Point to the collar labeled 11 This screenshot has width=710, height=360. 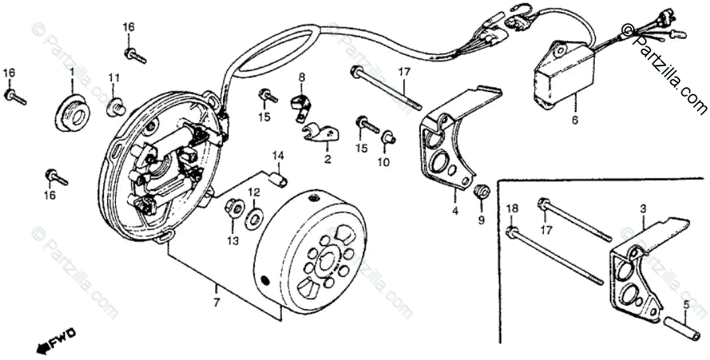[116, 104]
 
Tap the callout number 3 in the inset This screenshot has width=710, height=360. [643, 208]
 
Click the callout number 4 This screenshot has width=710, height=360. [455, 211]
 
